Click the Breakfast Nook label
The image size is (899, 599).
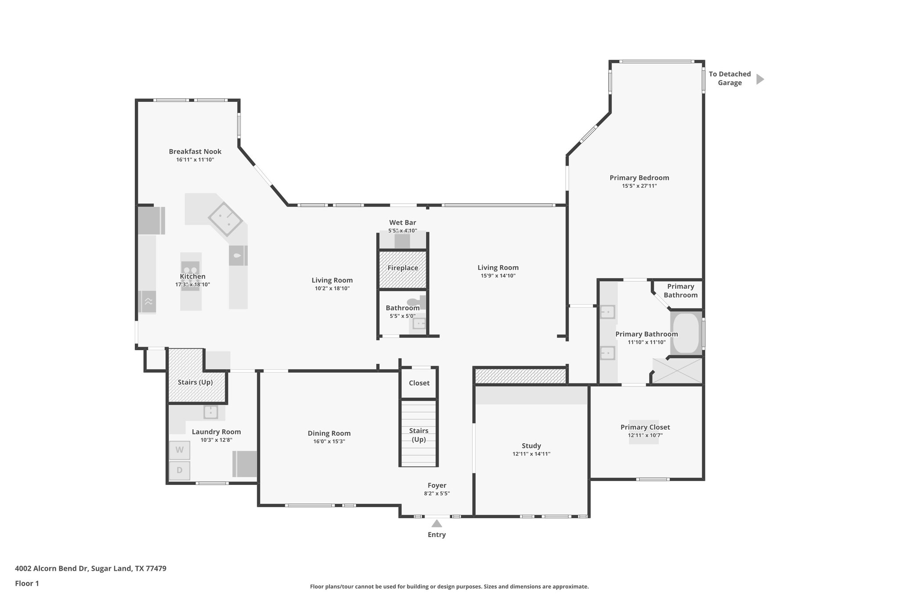coord(195,151)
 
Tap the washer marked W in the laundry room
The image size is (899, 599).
coord(180,450)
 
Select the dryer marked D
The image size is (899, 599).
coord(180,470)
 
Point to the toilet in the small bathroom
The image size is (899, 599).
coord(415,302)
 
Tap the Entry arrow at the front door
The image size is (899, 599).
coord(436,524)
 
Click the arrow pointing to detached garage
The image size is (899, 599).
coord(760,79)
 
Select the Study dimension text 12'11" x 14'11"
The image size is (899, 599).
coord(531,454)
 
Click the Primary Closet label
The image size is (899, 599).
coord(645,427)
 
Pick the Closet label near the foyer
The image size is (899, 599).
coord(419,383)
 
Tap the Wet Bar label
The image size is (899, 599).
coord(403,222)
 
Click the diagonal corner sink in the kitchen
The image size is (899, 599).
coord(225,219)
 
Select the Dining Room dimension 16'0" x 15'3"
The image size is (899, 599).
coord(329,441)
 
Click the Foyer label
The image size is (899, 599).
coord(437,485)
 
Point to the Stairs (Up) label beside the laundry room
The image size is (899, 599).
coord(195,382)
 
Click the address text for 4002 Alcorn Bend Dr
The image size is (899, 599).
coord(90,568)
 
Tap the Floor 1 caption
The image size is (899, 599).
coord(27,583)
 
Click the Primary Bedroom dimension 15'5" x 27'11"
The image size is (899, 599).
coord(639,186)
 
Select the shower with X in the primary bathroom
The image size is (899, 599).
coord(677,371)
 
